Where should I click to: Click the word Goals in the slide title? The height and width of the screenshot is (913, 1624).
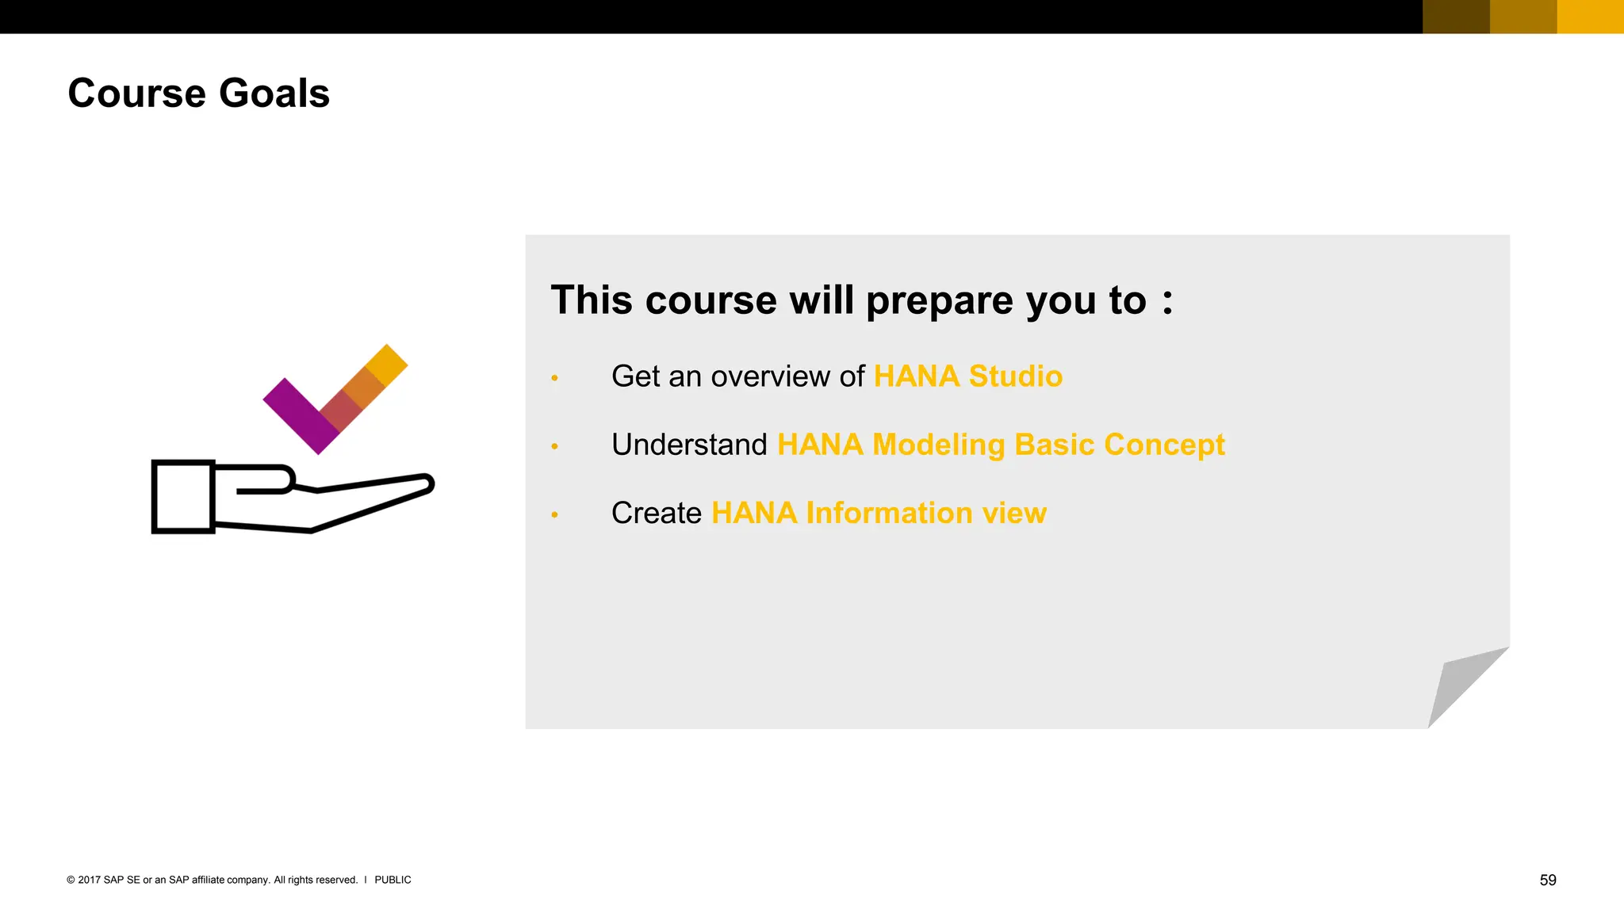point(274,94)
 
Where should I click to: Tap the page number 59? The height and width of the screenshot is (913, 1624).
point(1547,880)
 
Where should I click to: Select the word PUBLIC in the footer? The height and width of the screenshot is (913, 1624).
point(393,880)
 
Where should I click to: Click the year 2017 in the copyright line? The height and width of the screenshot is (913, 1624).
point(89,880)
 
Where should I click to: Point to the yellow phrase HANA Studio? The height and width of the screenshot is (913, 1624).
point(967,376)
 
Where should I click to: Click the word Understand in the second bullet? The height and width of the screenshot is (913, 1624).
point(689,445)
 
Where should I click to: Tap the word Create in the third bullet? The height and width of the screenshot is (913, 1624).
point(656,514)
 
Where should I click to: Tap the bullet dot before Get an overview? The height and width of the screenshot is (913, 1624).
point(555,378)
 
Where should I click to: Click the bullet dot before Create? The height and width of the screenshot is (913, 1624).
point(555,515)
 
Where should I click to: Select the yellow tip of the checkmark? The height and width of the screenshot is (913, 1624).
point(387,365)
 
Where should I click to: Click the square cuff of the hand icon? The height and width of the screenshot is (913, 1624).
point(183,496)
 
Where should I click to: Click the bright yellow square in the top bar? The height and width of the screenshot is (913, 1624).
point(1590,17)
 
